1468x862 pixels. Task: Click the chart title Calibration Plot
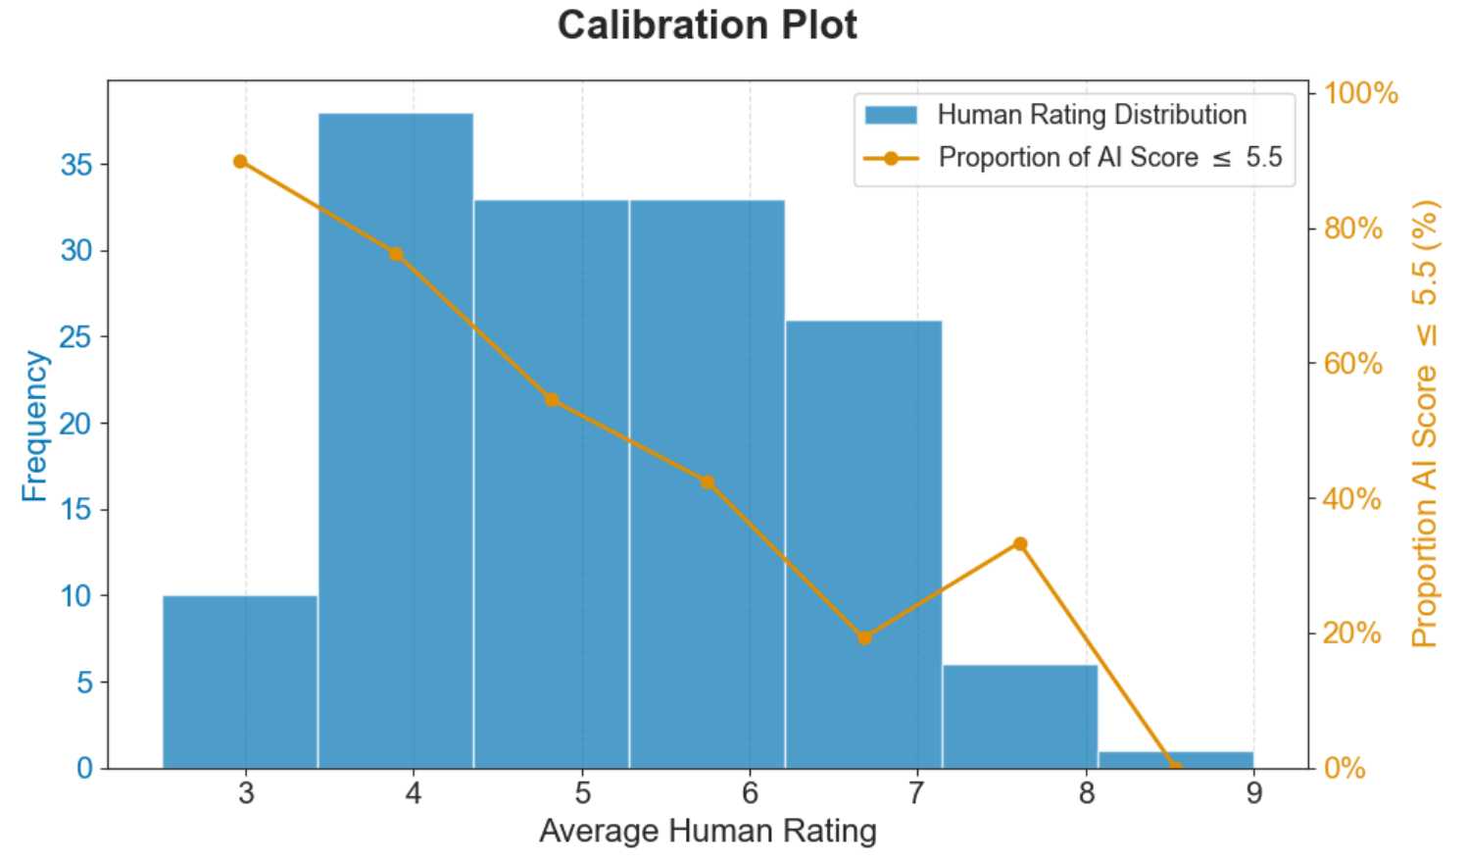pos(707,25)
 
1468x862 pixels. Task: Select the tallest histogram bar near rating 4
pos(396,440)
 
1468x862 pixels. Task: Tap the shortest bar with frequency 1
pos(1175,760)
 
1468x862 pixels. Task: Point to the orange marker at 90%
pos(240,162)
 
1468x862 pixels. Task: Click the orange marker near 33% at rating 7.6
pos(1020,543)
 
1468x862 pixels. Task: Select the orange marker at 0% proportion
pos(1174,767)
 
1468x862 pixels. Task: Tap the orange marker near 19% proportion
pos(864,637)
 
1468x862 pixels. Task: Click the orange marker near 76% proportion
pos(396,254)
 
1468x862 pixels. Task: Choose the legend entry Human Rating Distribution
pos(1091,115)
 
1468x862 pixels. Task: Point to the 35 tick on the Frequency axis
pos(76,165)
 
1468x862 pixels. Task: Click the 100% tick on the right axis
pos(1360,93)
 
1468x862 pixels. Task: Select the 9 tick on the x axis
pos(1253,792)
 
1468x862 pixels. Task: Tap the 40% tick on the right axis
pos(1352,498)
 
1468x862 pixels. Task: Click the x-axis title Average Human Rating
pos(708,832)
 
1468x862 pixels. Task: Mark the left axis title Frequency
pos(34,426)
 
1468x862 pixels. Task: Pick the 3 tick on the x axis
pos(246,792)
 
